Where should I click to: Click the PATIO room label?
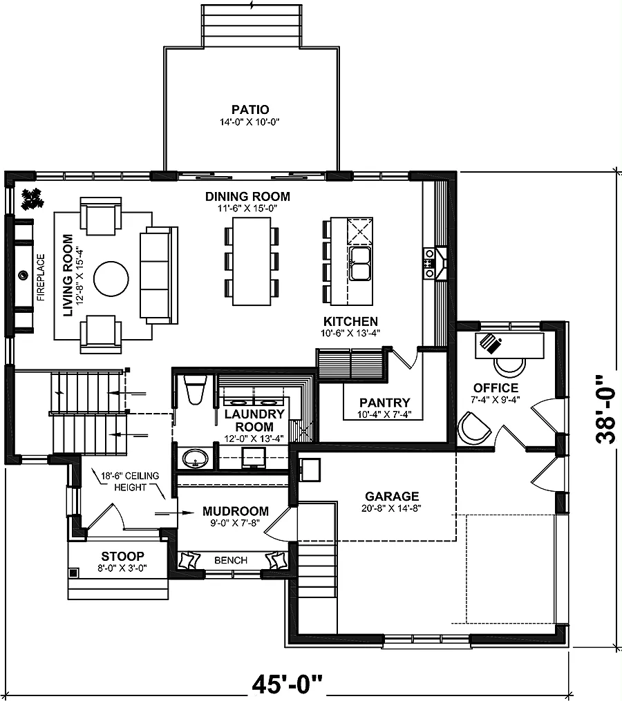click(250, 110)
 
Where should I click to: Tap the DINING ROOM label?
click(247, 196)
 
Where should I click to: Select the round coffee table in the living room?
click(111, 278)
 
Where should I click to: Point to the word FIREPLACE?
click(41, 277)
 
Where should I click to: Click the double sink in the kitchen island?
click(360, 263)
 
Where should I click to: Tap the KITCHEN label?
click(350, 321)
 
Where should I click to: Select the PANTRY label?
click(384, 403)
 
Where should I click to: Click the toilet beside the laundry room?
click(196, 390)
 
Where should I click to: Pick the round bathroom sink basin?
click(196, 459)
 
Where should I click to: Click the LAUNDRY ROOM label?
click(254, 420)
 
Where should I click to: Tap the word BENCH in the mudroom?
click(231, 560)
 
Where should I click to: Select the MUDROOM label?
click(236, 511)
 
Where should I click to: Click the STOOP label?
click(122, 556)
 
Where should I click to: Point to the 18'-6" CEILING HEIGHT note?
click(130, 481)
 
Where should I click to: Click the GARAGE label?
click(392, 497)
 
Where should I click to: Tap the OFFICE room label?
click(496, 387)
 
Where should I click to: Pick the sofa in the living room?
click(159, 275)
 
